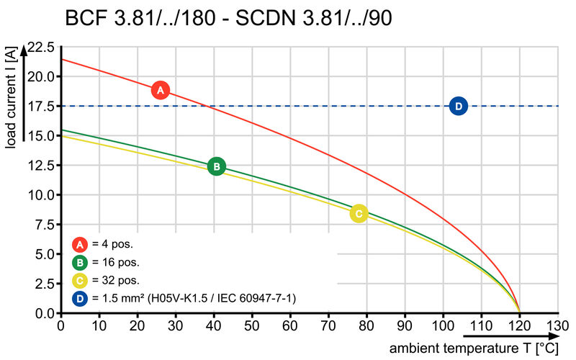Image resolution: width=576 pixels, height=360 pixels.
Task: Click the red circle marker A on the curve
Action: click(x=161, y=90)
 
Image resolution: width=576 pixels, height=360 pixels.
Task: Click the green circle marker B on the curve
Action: click(x=216, y=166)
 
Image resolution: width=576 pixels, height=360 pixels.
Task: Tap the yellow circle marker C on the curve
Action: click(x=359, y=213)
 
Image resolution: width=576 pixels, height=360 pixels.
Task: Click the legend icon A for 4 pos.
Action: click(x=80, y=244)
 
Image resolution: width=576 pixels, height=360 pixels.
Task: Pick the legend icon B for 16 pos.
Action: click(x=80, y=262)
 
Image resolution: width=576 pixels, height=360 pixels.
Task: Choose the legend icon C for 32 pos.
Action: click(x=80, y=280)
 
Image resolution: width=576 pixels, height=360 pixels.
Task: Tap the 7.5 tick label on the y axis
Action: click(x=42, y=225)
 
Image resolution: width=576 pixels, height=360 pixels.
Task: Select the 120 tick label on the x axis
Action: click(x=519, y=325)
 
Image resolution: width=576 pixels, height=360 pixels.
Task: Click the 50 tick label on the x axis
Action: click(x=252, y=325)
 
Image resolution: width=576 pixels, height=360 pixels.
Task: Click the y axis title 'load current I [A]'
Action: click(x=11, y=99)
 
